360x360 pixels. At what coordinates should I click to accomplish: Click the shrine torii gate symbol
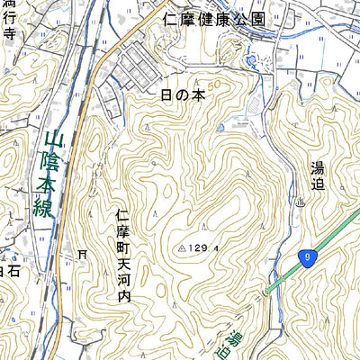tap(83, 255)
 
